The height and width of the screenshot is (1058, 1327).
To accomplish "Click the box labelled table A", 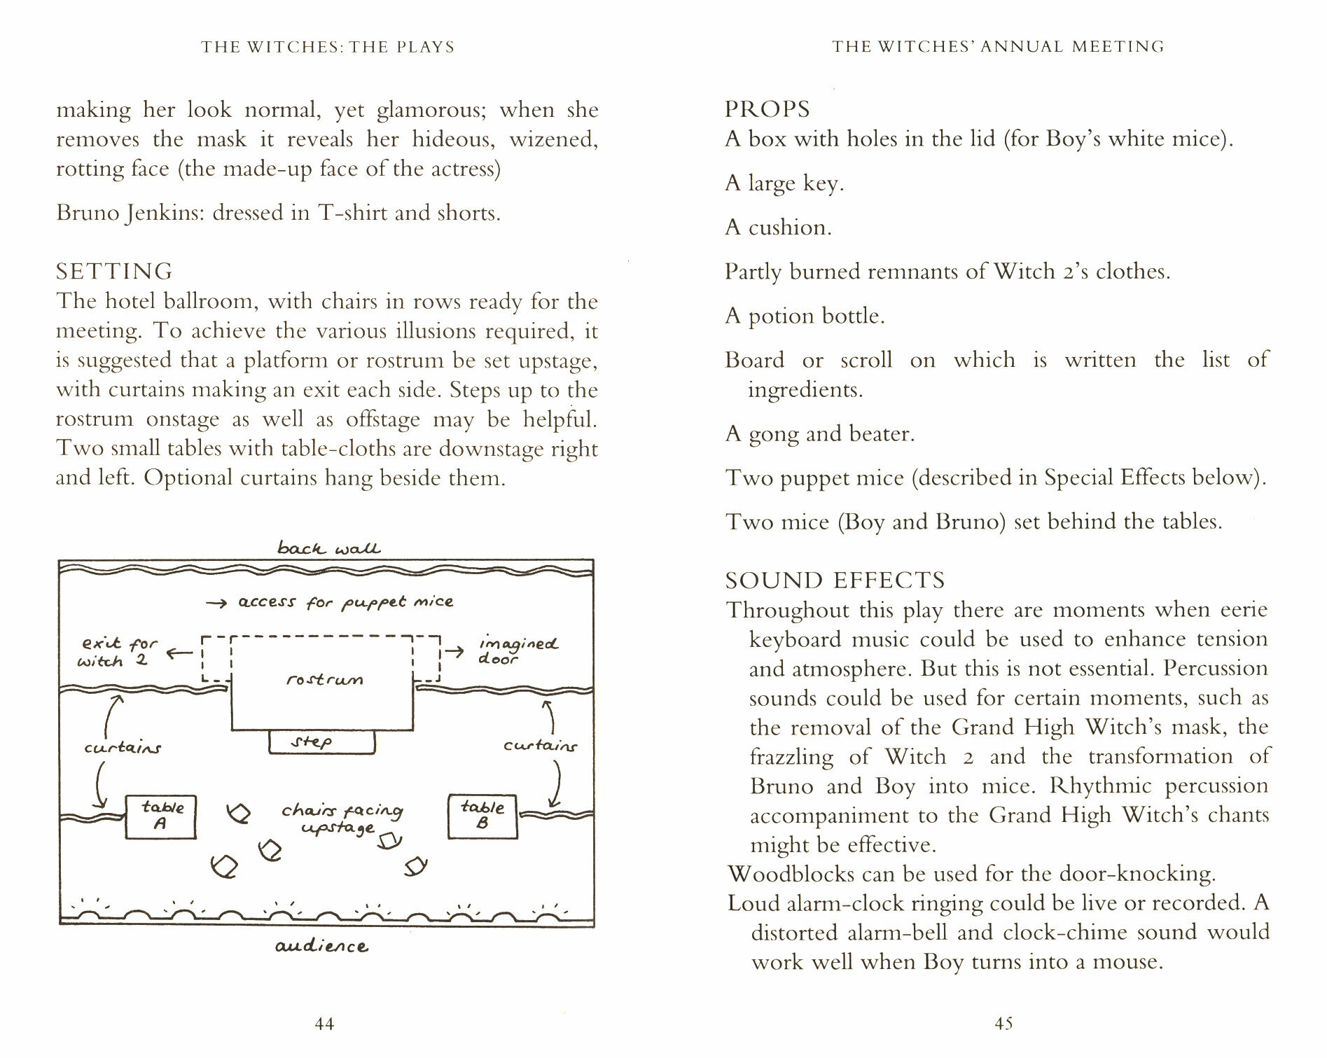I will [x=160, y=816].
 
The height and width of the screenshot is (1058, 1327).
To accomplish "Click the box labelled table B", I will [x=482, y=816].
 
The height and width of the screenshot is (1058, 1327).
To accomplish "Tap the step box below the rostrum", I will [x=321, y=742].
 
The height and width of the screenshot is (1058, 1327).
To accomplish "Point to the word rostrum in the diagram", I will [x=324, y=679].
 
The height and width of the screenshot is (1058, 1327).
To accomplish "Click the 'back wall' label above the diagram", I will [x=328, y=548].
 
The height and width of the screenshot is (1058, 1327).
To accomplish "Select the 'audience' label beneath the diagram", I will [x=321, y=947].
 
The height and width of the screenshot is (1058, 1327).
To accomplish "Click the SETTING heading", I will [x=114, y=272].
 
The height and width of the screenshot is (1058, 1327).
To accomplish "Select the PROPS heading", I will [x=767, y=109].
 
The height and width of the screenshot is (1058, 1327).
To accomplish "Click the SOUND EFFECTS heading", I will [x=835, y=580].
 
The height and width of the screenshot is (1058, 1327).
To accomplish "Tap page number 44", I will [x=324, y=1024].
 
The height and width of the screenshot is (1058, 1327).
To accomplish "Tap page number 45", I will [x=1003, y=1024].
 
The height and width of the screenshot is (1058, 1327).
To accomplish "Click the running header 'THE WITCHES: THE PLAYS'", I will [x=328, y=47].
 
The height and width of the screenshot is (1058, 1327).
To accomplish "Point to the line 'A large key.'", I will [x=784, y=183].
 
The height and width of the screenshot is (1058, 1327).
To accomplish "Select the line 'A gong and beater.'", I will [x=819, y=434].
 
